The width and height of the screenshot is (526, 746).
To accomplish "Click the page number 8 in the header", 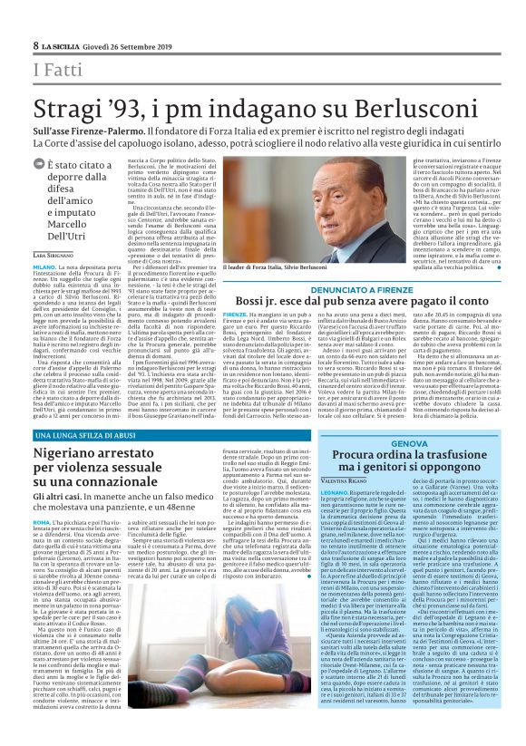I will (36, 45).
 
